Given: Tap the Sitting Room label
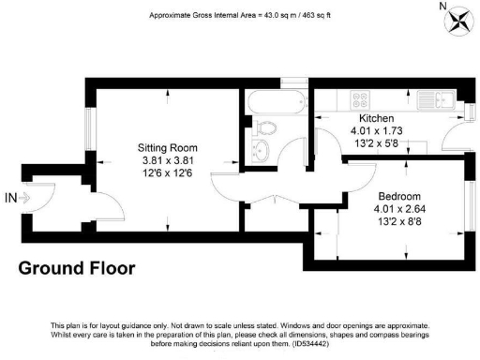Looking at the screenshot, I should tap(166, 148).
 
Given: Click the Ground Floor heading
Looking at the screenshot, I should tap(77, 268).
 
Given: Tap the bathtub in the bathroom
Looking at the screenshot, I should tap(274, 101).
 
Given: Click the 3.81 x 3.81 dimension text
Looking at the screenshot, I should tap(166, 160).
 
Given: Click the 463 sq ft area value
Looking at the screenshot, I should tap(314, 16).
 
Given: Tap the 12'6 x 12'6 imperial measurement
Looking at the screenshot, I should tap(166, 173).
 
